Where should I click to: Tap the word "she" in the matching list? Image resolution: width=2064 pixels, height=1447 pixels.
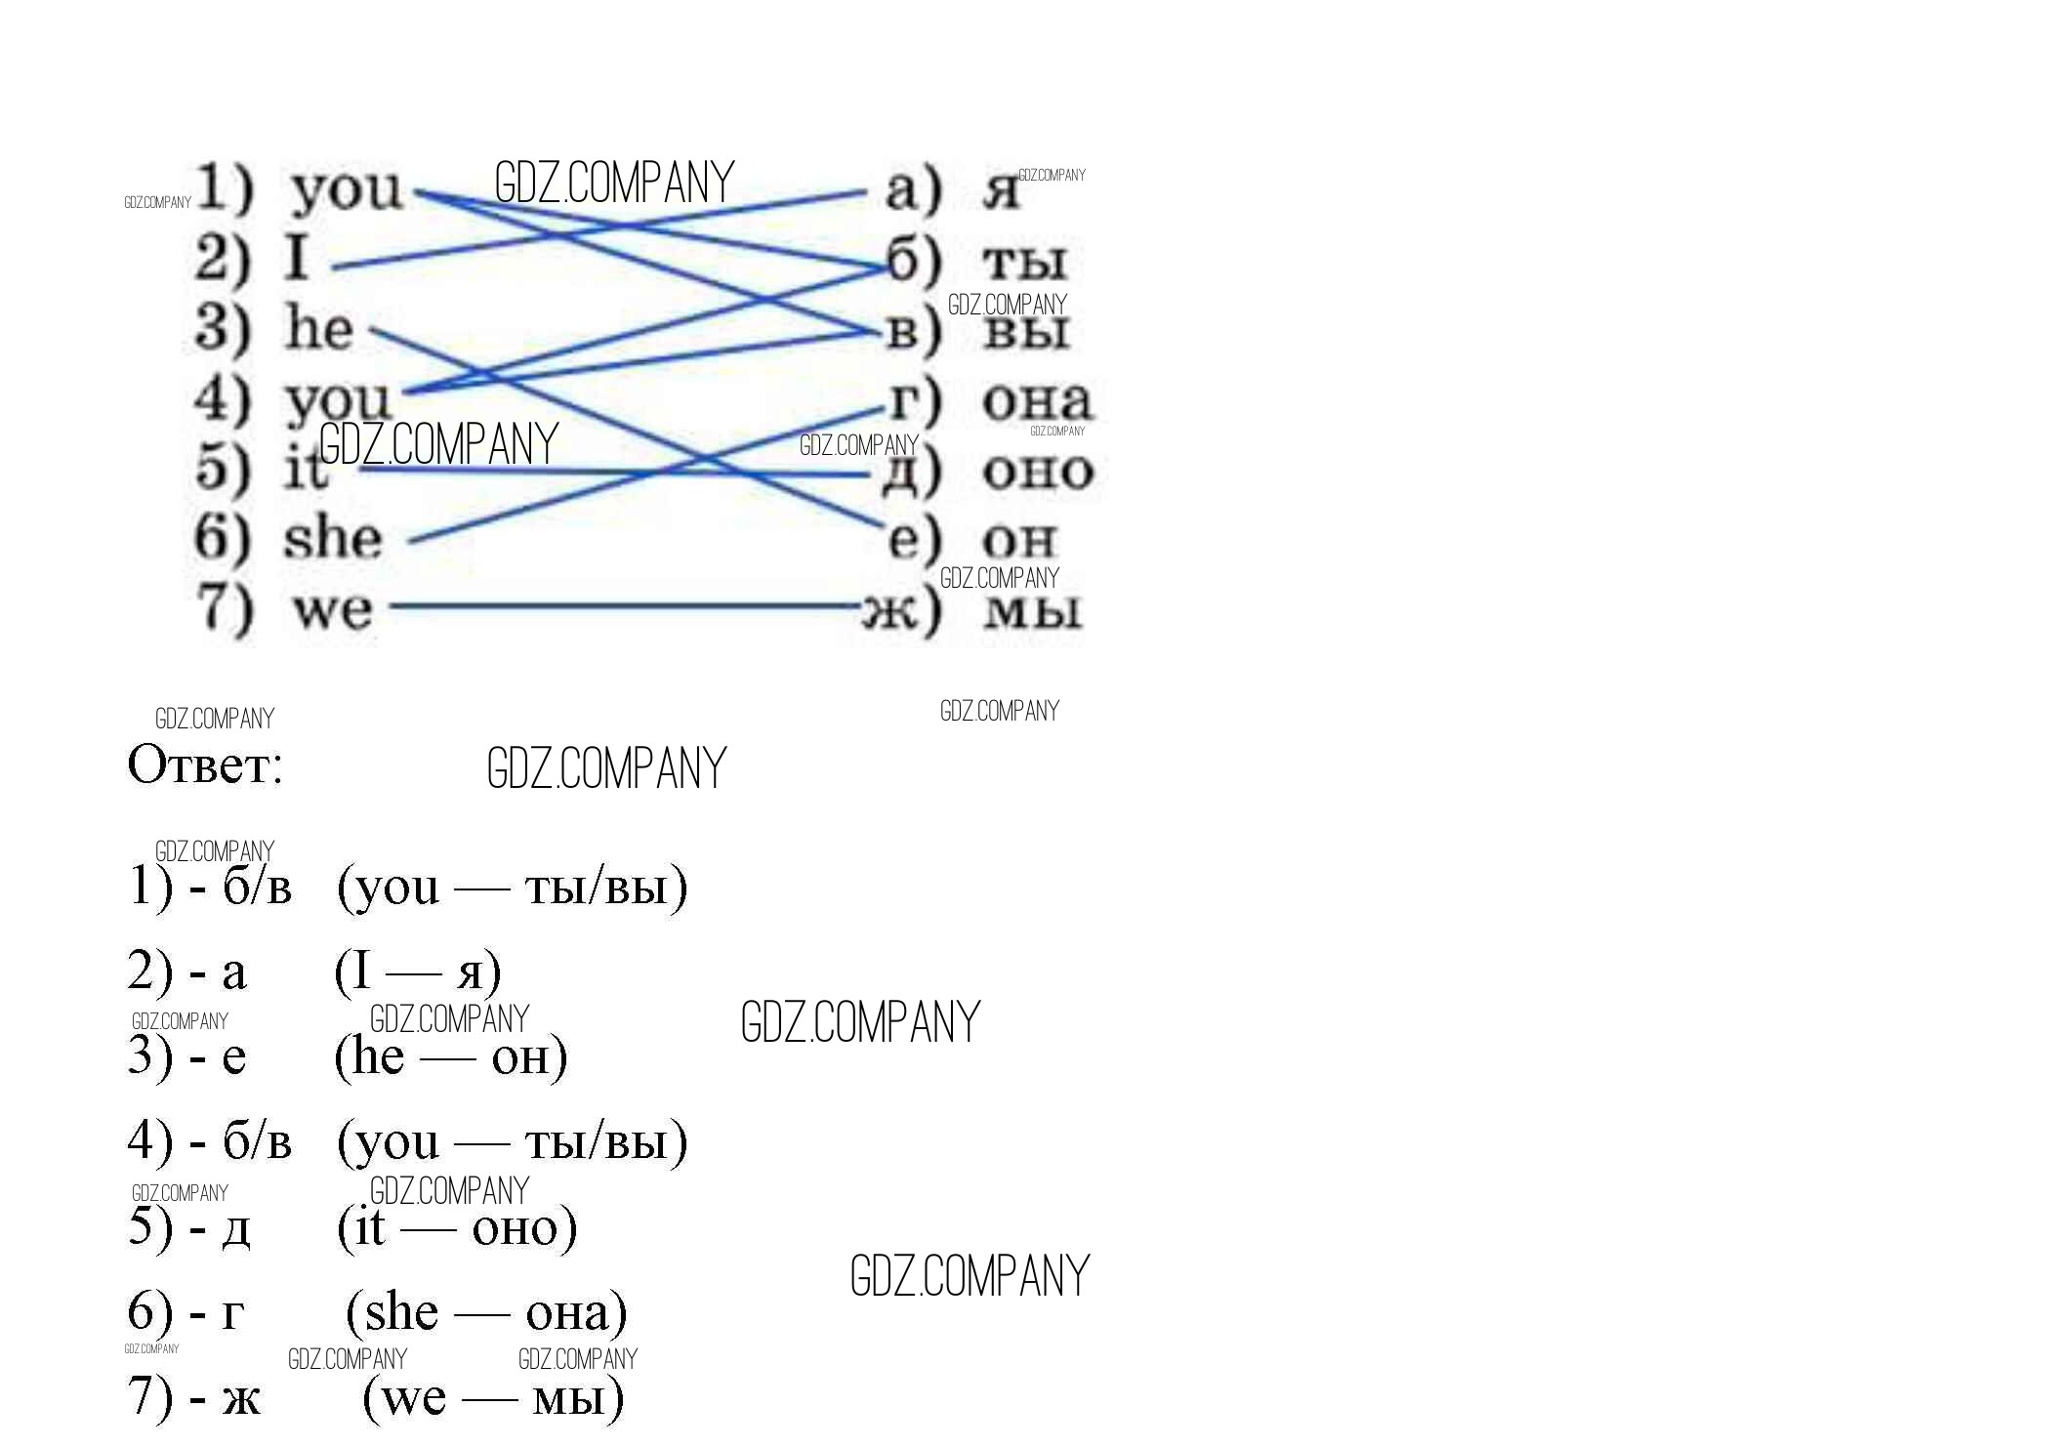[332, 538]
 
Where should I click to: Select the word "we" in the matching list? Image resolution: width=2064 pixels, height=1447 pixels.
[333, 610]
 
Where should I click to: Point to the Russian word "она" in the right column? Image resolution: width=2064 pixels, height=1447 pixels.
[1037, 401]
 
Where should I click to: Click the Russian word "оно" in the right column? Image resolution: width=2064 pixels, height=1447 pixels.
[1038, 473]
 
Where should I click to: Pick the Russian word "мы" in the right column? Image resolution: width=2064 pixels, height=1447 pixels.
[1033, 612]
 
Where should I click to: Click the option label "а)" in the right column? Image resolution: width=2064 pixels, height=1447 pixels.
[914, 190]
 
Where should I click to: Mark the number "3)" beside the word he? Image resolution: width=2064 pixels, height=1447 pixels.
[223, 328]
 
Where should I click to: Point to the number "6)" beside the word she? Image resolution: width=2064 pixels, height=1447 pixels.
[223, 538]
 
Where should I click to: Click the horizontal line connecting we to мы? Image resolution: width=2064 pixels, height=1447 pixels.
[626, 606]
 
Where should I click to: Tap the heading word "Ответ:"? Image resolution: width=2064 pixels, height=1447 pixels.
[205, 765]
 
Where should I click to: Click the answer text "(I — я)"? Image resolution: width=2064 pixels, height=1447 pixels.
[418, 972]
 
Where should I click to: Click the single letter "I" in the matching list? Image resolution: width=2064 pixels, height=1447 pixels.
[298, 258]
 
